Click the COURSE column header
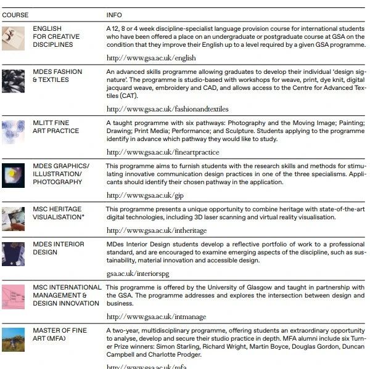[x=15, y=15]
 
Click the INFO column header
[x=114, y=15]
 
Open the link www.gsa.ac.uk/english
[x=151, y=58]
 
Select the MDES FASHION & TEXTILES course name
[x=57, y=76]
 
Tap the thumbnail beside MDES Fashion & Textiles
[x=13, y=81]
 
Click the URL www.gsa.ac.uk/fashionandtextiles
[x=167, y=109]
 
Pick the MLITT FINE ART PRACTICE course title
[x=56, y=127]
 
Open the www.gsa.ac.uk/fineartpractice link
[x=163, y=152]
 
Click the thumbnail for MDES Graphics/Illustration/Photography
[x=13, y=175]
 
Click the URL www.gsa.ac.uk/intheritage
[x=157, y=230]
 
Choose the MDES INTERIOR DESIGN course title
[x=59, y=248]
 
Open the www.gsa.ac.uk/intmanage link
[x=156, y=317]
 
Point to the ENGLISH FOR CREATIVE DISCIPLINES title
[x=56, y=37]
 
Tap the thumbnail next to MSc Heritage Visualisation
[x=13, y=218]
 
